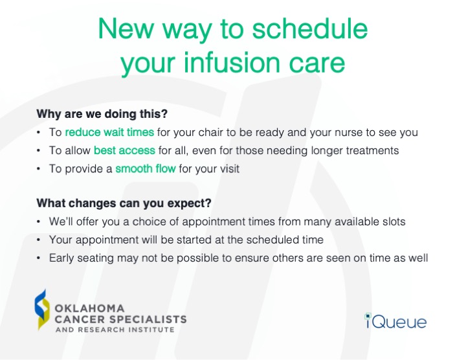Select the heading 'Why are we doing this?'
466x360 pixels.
pos(102,114)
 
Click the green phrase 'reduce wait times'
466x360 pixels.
pos(109,132)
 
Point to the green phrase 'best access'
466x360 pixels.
pos(124,150)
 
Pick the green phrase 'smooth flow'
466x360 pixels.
pos(144,168)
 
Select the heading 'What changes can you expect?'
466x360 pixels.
pos(124,203)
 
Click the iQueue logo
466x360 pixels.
pos(395,320)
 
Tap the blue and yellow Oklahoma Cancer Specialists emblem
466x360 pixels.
pos(42,309)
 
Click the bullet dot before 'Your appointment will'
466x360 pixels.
pos(39,240)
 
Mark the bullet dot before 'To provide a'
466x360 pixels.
pos(39,168)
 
